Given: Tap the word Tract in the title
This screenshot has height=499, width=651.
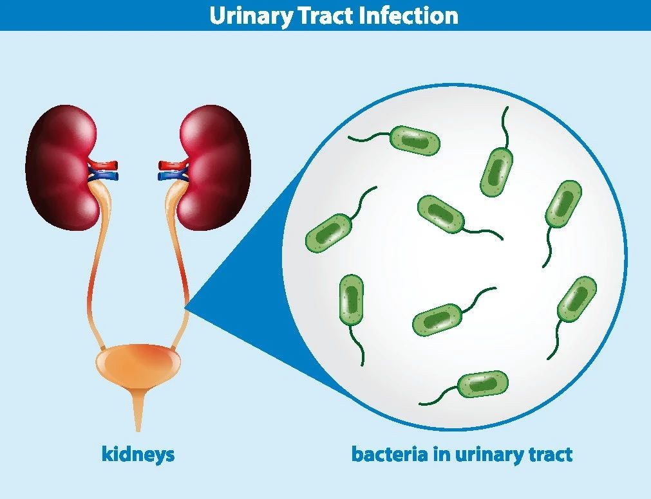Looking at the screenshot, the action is pyautogui.click(x=326, y=15).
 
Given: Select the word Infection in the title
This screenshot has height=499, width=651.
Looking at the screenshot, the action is pyautogui.click(x=409, y=15).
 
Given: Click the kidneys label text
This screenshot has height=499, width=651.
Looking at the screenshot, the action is pyautogui.click(x=138, y=455).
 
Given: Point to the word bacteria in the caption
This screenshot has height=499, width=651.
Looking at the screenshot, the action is pyautogui.click(x=390, y=454).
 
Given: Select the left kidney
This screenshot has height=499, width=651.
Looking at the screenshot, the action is pyautogui.click(x=62, y=167).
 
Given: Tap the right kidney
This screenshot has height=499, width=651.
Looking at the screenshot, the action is pyautogui.click(x=214, y=167).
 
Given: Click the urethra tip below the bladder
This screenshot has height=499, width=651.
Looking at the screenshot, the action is pyautogui.click(x=138, y=430).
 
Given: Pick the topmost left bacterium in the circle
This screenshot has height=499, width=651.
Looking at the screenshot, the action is pyautogui.click(x=395, y=140).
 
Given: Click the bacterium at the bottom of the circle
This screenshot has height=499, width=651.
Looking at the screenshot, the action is pyautogui.click(x=464, y=387).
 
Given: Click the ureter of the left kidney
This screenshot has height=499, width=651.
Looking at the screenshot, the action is pyautogui.click(x=95, y=265).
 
